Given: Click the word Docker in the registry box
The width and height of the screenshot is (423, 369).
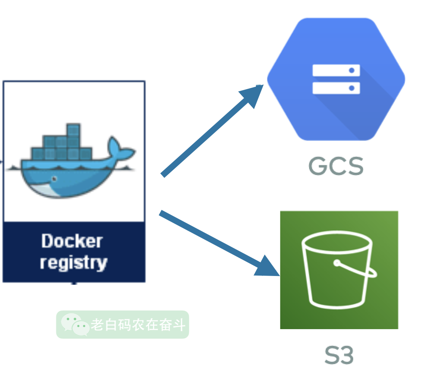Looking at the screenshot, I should [x=72, y=241].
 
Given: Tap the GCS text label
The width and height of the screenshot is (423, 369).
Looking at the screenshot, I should [x=336, y=166].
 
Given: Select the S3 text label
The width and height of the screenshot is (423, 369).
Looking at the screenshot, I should [x=339, y=355].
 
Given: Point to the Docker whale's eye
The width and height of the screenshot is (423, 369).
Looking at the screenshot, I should [x=55, y=178].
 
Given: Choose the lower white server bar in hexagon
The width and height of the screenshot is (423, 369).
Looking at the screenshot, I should [x=336, y=88].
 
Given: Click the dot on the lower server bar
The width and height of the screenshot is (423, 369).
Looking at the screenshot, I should [x=352, y=88].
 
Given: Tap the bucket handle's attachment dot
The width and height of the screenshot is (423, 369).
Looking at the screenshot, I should [x=336, y=263].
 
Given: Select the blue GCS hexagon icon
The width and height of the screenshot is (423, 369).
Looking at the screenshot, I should [x=336, y=79].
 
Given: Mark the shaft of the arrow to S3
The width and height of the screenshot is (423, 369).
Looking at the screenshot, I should [x=209, y=237].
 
